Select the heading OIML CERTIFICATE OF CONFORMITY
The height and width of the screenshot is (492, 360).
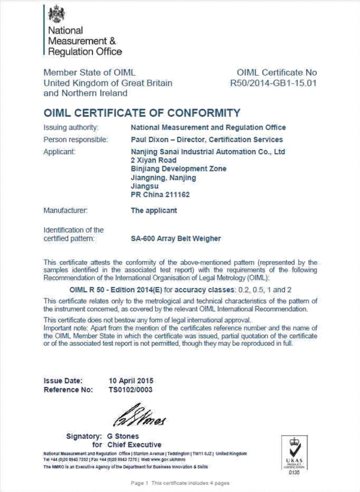[142, 112]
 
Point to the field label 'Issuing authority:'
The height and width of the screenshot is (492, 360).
[71, 127]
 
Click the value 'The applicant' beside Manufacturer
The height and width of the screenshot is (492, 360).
[154, 211]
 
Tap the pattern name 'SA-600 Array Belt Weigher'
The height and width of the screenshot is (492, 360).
[176, 238]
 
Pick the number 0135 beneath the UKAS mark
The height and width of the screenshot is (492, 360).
[294, 472]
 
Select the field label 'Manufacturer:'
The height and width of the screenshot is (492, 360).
[66, 211]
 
